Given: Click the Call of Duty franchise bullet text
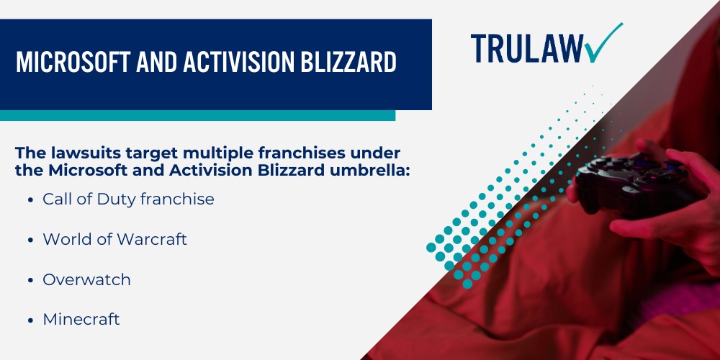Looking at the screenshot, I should point(128,199).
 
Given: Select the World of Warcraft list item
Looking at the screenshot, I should point(114,240).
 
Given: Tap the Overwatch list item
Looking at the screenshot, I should point(86,280).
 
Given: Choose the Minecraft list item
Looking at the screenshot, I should point(81,319).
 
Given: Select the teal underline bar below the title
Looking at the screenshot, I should point(197,115).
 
